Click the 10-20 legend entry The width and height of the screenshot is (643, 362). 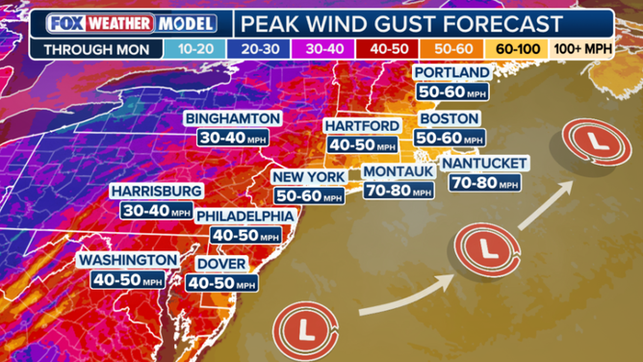191,46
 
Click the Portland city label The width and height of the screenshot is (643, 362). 451,73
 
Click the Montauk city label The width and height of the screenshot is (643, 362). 398,171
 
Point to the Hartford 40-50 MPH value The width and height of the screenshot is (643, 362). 361,145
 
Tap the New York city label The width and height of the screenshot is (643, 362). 307,176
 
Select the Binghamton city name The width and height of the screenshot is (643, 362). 235,118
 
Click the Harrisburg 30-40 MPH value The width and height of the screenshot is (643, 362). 154,209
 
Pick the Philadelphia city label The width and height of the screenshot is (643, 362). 244,217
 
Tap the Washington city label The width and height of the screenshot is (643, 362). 128,260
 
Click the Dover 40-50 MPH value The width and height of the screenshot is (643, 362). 221,284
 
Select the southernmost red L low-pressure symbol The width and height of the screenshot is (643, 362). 306,332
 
